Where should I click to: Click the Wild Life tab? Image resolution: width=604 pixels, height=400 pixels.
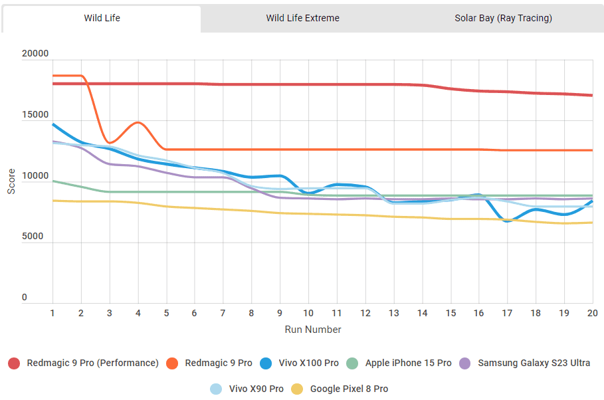(x=102, y=18)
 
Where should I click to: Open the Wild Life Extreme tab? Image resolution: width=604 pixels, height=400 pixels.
(x=302, y=18)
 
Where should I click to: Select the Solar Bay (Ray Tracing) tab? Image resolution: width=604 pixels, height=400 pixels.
(x=503, y=18)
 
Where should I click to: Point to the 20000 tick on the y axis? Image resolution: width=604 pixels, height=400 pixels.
(x=35, y=54)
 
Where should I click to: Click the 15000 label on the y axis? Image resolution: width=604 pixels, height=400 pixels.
(x=35, y=115)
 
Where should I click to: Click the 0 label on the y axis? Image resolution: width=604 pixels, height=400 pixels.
(x=25, y=298)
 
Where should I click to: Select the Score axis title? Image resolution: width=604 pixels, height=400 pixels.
(x=11, y=180)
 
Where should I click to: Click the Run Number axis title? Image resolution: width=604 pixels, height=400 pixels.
(x=313, y=330)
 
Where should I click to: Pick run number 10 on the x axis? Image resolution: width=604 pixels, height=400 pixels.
(x=308, y=312)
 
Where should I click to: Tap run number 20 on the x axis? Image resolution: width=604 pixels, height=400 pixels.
(x=592, y=312)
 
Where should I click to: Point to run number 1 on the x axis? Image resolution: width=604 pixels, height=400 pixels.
(x=52, y=312)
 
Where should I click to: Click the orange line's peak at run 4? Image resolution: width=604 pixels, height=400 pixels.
(x=138, y=122)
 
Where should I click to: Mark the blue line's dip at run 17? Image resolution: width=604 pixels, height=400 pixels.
(x=507, y=221)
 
